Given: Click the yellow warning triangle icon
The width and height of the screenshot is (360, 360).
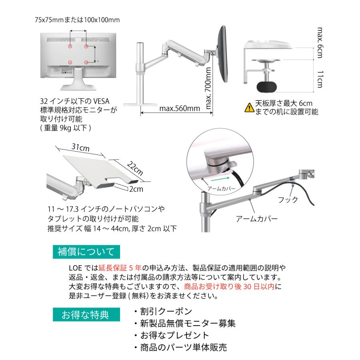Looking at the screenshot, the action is click(x=249, y=108).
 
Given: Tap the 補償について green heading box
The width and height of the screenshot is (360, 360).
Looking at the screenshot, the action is click(x=86, y=252).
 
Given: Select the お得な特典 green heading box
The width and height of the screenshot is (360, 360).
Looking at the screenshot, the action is click(x=86, y=314).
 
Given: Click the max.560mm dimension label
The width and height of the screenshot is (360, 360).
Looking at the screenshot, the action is click(x=180, y=108).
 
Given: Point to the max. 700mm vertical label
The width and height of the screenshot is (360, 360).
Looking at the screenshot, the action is click(x=208, y=88).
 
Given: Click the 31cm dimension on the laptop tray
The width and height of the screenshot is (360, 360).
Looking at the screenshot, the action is click(x=80, y=147).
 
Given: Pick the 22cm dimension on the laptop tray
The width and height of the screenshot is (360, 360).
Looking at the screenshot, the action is click(x=135, y=168).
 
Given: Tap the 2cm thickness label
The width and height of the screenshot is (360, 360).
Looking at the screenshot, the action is click(x=136, y=189).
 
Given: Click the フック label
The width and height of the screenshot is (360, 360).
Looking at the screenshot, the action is click(x=288, y=200).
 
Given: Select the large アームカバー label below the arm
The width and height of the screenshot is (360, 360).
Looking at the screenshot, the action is click(x=257, y=218).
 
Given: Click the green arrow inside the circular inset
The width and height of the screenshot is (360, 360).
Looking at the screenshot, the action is click(x=220, y=178).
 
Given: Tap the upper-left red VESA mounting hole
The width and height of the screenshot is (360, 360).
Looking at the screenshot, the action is click(x=70, y=46).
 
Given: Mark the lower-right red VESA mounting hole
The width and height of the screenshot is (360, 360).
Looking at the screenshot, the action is click(x=86, y=62).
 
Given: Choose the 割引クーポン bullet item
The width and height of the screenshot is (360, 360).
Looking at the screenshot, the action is click(x=163, y=311).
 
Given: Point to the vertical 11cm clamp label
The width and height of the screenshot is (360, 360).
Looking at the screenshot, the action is click(x=320, y=79).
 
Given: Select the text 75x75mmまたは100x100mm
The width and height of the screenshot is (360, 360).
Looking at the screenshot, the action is click(x=77, y=20).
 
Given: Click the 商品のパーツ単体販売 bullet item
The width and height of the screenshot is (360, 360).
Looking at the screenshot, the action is click(x=180, y=347).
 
